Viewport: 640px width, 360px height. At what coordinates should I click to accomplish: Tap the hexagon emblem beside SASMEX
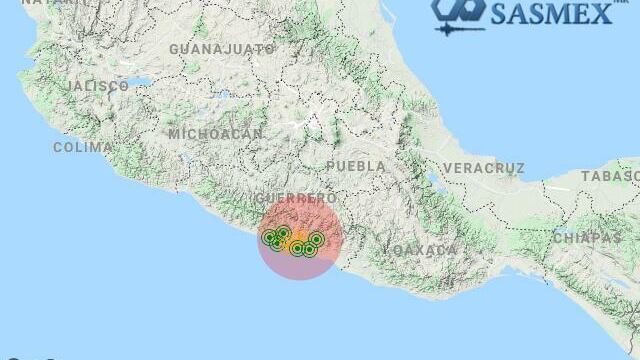458,10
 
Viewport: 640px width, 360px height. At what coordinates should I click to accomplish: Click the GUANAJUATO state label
222,48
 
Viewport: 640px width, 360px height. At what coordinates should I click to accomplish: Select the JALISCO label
98,87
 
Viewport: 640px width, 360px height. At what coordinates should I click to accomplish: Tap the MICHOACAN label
216,133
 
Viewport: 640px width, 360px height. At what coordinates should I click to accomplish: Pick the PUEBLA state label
356,165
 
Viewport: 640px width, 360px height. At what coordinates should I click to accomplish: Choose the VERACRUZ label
484,167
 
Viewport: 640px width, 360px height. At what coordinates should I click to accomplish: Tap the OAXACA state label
424,248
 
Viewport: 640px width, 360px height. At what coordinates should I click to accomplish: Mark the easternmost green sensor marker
316,239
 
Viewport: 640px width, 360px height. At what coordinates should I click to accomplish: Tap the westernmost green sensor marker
268,237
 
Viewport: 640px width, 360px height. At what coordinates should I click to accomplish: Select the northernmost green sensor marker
283,233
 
